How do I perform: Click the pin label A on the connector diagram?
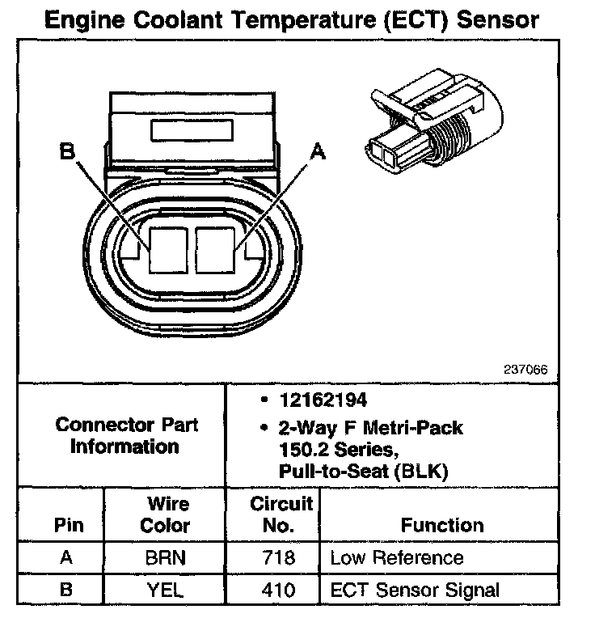(318, 151)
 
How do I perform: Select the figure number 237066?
(525, 370)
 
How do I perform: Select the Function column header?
(441, 525)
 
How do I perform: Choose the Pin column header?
(68, 525)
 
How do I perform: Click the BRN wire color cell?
(165, 558)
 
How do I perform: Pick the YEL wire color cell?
(165, 590)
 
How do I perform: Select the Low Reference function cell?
(396, 558)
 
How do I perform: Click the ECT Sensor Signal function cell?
(415, 590)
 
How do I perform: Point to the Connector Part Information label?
(124, 435)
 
